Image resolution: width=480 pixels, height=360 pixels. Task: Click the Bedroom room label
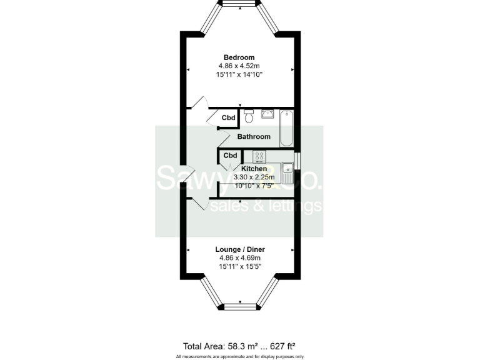[x=240, y=57]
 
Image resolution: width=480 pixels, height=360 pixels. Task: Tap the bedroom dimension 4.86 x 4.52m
[x=240, y=66]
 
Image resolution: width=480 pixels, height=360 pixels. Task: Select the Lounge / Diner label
[x=240, y=249]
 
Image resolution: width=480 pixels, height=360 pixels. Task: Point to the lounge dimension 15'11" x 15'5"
[x=240, y=266]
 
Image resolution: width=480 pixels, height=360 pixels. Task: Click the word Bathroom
[x=253, y=136]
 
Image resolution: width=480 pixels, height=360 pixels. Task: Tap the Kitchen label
[x=254, y=169]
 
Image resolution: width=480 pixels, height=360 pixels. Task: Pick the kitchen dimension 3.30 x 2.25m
[x=254, y=177]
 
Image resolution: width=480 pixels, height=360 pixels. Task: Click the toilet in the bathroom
[x=249, y=116]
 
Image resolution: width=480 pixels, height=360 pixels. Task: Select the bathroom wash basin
[x=267, y=114]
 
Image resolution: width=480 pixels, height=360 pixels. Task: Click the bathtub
[x=286, y=127]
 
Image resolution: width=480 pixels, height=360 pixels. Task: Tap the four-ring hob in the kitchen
[x=259, y=156]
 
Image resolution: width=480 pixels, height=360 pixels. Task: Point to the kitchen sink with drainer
[x=287, y=167]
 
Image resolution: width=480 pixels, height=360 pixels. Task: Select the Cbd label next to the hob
[x=230, y=155]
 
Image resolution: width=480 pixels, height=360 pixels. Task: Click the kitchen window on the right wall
[x=297, y=160]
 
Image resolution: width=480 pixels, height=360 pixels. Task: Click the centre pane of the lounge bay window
[x=240, y=306]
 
